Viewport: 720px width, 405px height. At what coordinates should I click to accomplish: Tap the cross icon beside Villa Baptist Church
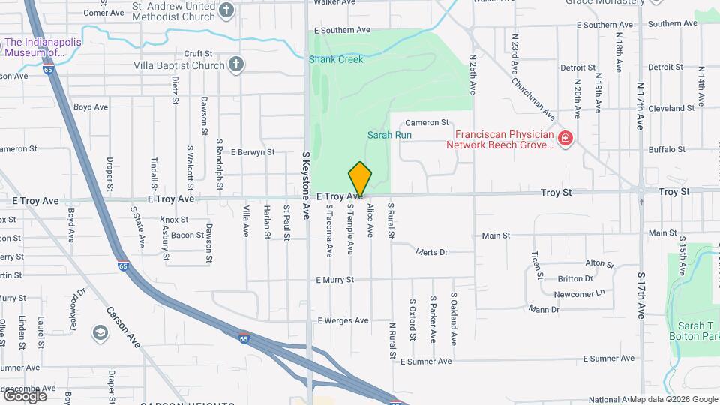[236, 64]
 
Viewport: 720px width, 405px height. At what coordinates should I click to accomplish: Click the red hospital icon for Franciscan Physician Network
[565, 139]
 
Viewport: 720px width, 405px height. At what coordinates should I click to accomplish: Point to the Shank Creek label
[336, 59]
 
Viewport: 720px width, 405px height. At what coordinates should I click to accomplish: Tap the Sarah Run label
[389, 135]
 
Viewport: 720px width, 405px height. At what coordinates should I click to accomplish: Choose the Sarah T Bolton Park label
[686, 331]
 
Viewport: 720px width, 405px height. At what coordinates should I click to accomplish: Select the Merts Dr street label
[431, 252]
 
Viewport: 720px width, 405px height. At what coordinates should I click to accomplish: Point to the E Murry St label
[334, 280]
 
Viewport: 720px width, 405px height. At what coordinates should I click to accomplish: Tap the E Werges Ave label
[343, 320]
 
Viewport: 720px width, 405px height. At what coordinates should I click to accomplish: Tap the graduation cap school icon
[100, 332]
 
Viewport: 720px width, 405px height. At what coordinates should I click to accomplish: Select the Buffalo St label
[661, 150]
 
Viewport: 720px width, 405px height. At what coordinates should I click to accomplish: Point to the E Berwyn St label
[253, 152]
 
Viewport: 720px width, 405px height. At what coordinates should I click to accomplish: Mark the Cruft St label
[199, 54]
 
